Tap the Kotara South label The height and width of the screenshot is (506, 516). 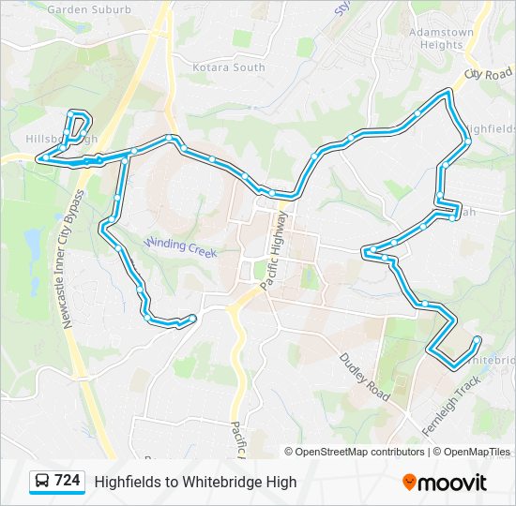click(229, 67)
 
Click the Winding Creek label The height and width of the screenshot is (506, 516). click(180, 247)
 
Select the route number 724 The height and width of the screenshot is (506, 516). click(67, 481)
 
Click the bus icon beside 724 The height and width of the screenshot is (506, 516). click(43, 482)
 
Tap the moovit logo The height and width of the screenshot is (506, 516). click(445, 482)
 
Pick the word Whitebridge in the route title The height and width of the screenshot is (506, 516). click(221, 482)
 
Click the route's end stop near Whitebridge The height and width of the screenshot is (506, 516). click(478, 339)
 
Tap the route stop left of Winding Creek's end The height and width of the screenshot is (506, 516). click(112, 220)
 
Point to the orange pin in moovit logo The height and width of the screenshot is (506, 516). click(409, 482)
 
